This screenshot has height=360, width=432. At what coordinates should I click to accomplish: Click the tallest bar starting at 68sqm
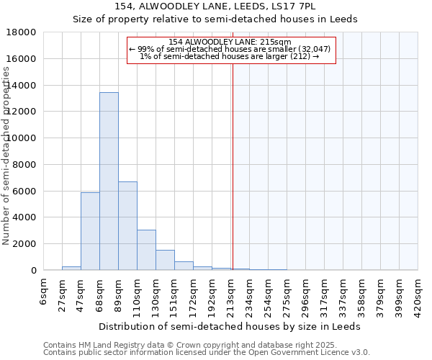point(109,181)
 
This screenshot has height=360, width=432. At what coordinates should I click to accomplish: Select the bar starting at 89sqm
point(127,226)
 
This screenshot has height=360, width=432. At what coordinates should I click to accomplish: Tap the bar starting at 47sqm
point(90,231)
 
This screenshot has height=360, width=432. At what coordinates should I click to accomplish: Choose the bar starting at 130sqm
point(165,260)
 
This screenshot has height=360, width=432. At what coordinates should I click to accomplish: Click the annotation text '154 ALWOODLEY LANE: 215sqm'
point(231,42)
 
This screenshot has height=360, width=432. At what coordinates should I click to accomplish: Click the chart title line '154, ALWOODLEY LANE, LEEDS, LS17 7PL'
point(215,6)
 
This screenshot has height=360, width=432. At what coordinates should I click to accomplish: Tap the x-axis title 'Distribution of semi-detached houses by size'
point(229,326)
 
